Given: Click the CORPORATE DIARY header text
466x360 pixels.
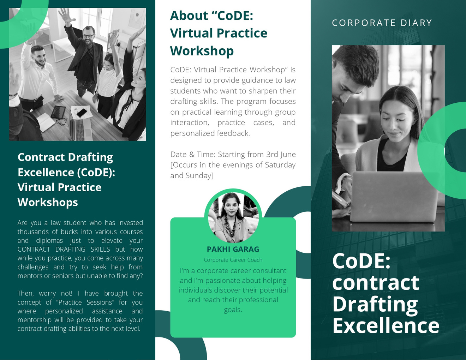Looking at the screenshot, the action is (x=382, y=23).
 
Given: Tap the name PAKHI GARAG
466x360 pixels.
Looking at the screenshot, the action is (x=233, y=249).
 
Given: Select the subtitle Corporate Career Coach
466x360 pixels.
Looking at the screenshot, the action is (x=233, y=260).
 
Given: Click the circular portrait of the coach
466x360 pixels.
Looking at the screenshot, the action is (x=233, y=217).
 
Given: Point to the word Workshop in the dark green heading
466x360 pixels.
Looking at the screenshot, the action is (x=202, y=51).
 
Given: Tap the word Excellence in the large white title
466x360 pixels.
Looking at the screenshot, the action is (x=386, y=326).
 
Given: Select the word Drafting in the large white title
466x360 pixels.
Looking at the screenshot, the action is (x=375, y=305).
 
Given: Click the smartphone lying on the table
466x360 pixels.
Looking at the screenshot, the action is (x=82, y=113).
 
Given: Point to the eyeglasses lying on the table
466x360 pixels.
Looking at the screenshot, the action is (x=62, y=122).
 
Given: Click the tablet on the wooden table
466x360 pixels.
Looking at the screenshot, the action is (x=58, y=112).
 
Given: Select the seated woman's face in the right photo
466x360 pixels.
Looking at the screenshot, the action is (x=399, y=122).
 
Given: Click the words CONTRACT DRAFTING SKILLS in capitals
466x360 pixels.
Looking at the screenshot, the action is (x=64, y=250).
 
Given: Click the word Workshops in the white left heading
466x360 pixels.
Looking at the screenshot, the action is (x=48, y=202).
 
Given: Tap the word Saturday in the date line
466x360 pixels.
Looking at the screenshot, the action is (x=280, y=165).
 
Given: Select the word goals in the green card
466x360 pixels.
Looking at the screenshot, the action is (x=233, y=310).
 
